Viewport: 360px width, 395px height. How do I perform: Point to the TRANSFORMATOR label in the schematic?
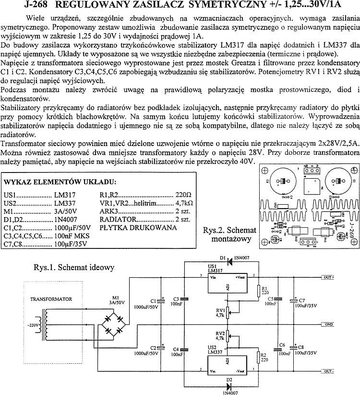click(51, 299)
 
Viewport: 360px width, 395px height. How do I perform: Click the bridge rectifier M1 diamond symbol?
click(113, 325)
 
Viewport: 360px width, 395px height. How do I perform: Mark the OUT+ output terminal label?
click(329, 277)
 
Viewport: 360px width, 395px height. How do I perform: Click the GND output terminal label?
click(329, 324)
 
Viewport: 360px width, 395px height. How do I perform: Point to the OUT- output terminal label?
click(329, 371)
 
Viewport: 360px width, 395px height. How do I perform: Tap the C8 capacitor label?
click(301, 346)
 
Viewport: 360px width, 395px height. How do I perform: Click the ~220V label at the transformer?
click(35, 325)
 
